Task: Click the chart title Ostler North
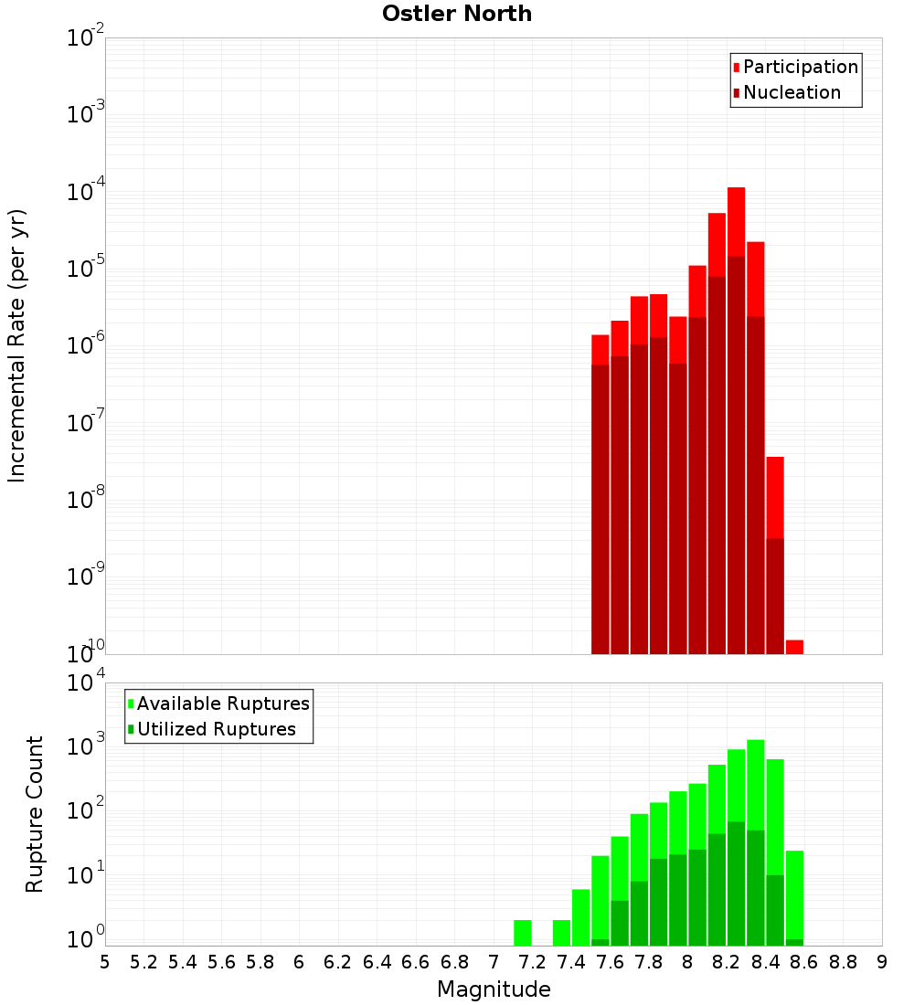point(456,14)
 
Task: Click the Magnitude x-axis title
point(494,989)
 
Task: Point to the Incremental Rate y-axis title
point(17,345)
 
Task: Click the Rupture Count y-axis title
point(34,813)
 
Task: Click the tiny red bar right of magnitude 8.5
point(794,647)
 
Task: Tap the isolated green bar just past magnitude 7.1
point(523,933)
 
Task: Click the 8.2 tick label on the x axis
point(727,962)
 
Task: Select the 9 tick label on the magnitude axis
point(882,962)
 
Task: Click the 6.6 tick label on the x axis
point(416,962)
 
